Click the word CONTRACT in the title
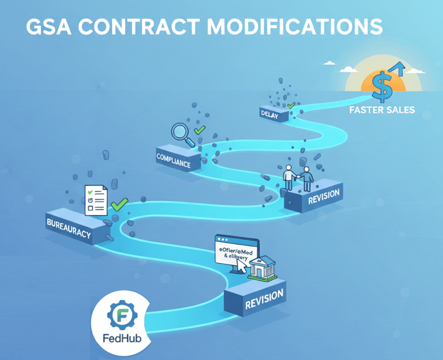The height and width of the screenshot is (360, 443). coord(133,27)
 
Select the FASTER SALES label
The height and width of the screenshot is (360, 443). coord(382,109)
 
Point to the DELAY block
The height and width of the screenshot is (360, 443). coord(270,115)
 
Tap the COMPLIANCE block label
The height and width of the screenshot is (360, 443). coord(174,159)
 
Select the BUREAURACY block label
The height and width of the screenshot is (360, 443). coord(68,226)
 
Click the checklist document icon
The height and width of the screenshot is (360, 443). coord(96,200)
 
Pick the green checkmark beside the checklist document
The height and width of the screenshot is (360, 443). coord(119,204)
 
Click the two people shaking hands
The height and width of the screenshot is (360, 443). coord(298,178)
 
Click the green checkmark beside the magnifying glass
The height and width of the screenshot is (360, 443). coord(200,130)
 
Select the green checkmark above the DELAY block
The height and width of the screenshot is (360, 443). coord(291,106)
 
